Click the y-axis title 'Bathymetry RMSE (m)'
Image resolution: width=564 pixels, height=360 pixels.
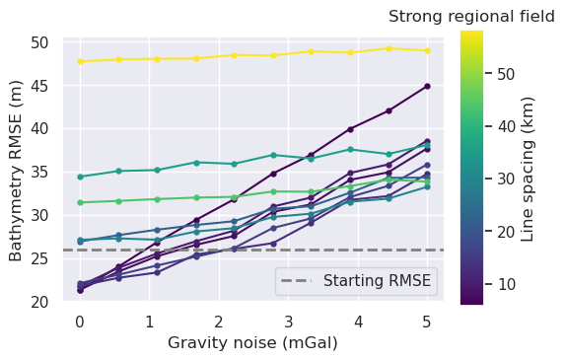pos(16,170)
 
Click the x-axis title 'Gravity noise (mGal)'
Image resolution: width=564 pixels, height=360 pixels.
pos(252,343)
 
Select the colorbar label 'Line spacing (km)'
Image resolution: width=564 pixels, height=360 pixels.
pos(528,169)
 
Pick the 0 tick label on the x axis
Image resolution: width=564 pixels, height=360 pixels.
pos(80,322)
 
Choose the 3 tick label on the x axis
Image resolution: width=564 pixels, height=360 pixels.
pos(288,322)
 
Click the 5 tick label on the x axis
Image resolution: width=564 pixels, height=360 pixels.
pos(427,322)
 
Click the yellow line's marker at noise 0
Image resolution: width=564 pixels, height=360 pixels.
pos(80,62)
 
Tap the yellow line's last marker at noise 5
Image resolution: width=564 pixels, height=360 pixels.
pos(427,50)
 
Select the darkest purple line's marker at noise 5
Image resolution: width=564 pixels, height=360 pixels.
pos(427,87)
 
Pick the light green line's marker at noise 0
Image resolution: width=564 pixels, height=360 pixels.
pos(80,202)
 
